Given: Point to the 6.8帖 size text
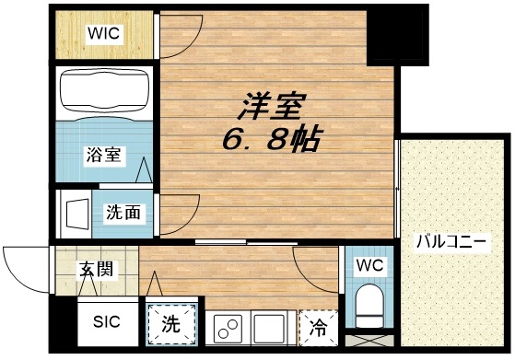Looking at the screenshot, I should click(x=270, y=141).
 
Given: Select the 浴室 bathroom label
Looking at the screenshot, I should click(x=101, y=155).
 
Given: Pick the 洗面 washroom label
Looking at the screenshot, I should click(x=123, y=212).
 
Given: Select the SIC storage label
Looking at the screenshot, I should click(x=104, y=323).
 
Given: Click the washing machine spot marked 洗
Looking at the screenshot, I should click(x=172, y=323).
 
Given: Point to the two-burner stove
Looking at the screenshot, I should click(x=228, y=326).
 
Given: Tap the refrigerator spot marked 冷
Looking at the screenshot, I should click(x=318, y=325).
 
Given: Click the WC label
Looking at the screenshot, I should click(x=370, y=266).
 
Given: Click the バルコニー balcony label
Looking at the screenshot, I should click(x=451, y=243).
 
